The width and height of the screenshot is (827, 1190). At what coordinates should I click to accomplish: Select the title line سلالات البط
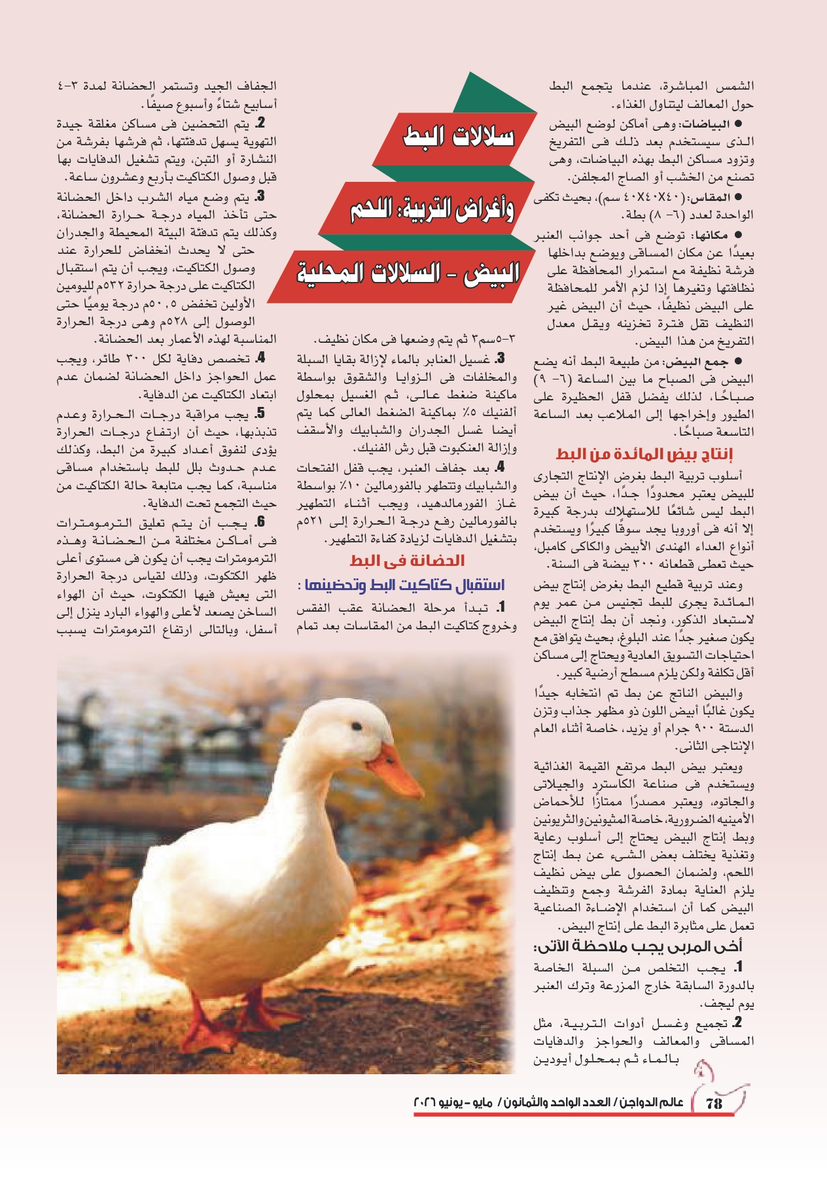[x=459, y=137]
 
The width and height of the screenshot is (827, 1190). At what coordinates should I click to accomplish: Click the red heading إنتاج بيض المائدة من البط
[x=644, y=454]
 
